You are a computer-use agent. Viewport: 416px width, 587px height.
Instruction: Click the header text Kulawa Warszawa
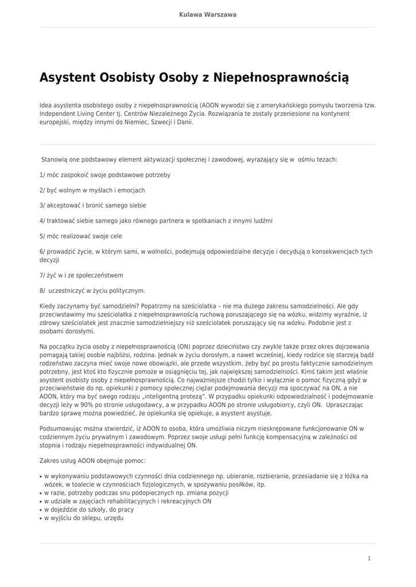pos(208,14)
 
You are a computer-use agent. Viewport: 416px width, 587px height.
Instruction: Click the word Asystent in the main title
pos(68,77)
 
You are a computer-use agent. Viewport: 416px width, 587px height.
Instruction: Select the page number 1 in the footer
pos(370,558)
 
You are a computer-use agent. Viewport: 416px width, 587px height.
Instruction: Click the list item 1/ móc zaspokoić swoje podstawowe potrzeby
pos(104,175)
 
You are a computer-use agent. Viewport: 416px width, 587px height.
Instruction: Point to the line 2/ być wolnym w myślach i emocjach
pos(92,190)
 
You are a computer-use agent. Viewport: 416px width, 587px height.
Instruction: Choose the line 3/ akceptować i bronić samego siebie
pos(92,205)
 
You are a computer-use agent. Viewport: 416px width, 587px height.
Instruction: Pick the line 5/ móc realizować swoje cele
pos(80,236)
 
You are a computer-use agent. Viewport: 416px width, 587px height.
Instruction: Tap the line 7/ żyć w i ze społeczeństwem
pos(81,275)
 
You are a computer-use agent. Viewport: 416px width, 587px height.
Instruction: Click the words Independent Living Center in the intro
pos(73,114)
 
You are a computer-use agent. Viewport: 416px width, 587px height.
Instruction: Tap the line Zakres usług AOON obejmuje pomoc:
pos(92,460)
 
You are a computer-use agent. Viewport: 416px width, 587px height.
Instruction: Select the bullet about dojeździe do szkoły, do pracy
pos(89,509)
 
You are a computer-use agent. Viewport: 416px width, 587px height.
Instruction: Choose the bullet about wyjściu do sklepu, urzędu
pos(84,518)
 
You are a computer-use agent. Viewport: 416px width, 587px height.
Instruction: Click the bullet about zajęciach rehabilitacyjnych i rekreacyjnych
pos(127,501)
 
